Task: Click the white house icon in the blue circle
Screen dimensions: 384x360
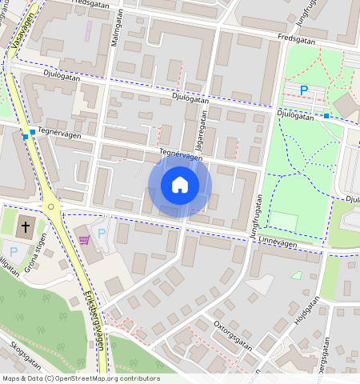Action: tap(180, 186)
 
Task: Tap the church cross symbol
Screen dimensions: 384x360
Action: tap(26, 226)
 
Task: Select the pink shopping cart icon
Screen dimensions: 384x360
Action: tap(84, 238)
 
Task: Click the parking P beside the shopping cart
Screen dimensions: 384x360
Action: tap(101, 234)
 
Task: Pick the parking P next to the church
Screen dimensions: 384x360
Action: tap(14, 251)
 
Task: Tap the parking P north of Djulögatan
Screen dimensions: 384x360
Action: tap(303, 90)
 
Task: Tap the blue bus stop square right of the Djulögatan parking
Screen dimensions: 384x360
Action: tap(326, 116)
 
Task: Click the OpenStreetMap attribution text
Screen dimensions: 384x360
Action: tap(81, 378)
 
